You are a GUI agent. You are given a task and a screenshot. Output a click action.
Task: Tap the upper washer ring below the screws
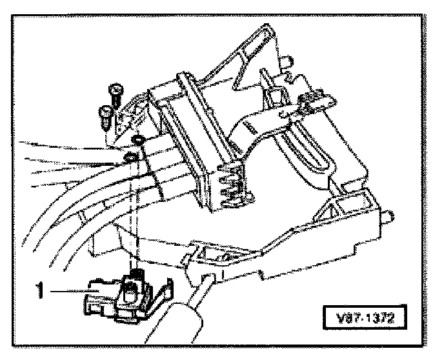click(137, 141)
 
